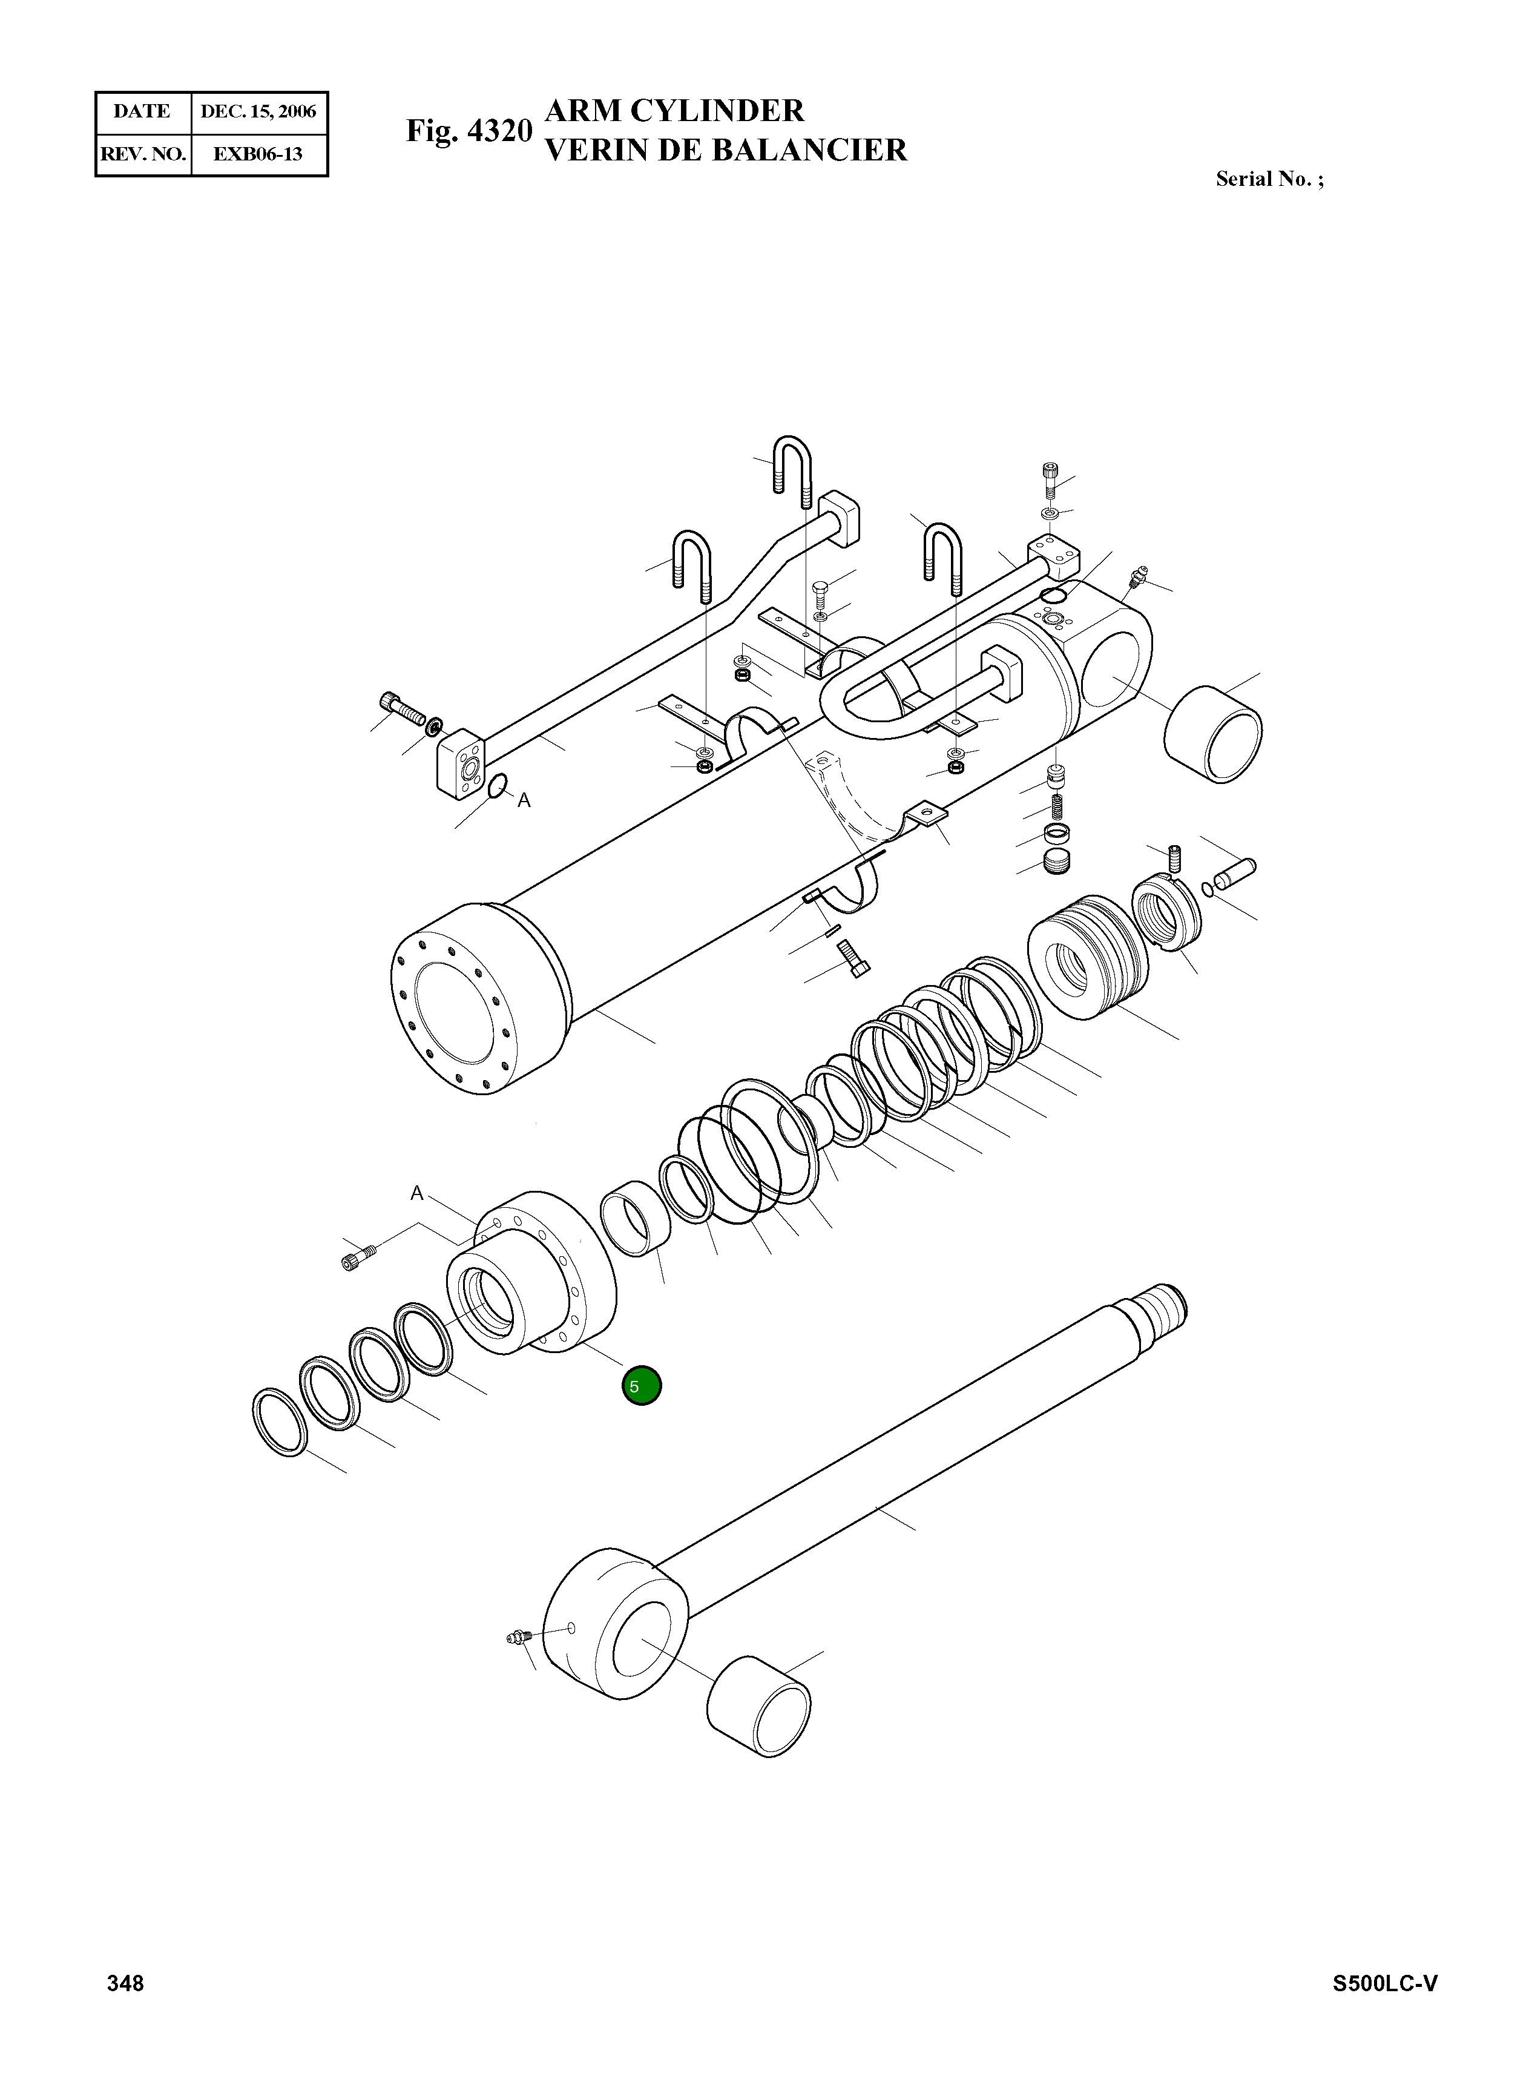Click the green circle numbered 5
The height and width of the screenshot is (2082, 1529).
642,1386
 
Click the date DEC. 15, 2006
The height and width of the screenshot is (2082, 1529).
258,112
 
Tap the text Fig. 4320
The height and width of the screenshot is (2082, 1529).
469,131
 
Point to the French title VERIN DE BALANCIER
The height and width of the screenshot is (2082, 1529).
726,150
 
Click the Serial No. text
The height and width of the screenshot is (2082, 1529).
1269,180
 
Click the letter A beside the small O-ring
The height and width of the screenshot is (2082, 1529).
524,801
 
